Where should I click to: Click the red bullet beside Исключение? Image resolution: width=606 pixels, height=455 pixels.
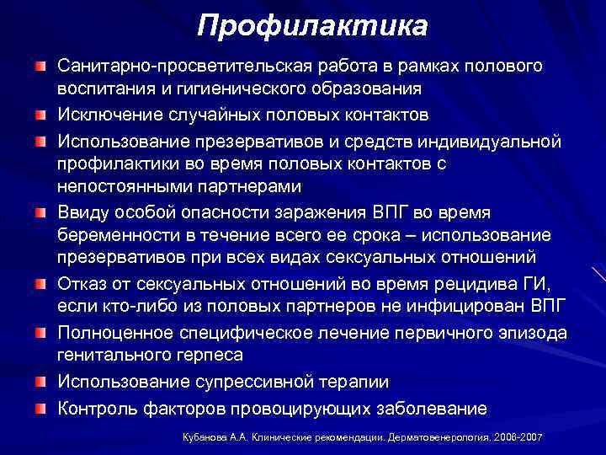(41, 113)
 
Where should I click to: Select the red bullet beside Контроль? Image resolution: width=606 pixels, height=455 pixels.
(41, 409)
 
